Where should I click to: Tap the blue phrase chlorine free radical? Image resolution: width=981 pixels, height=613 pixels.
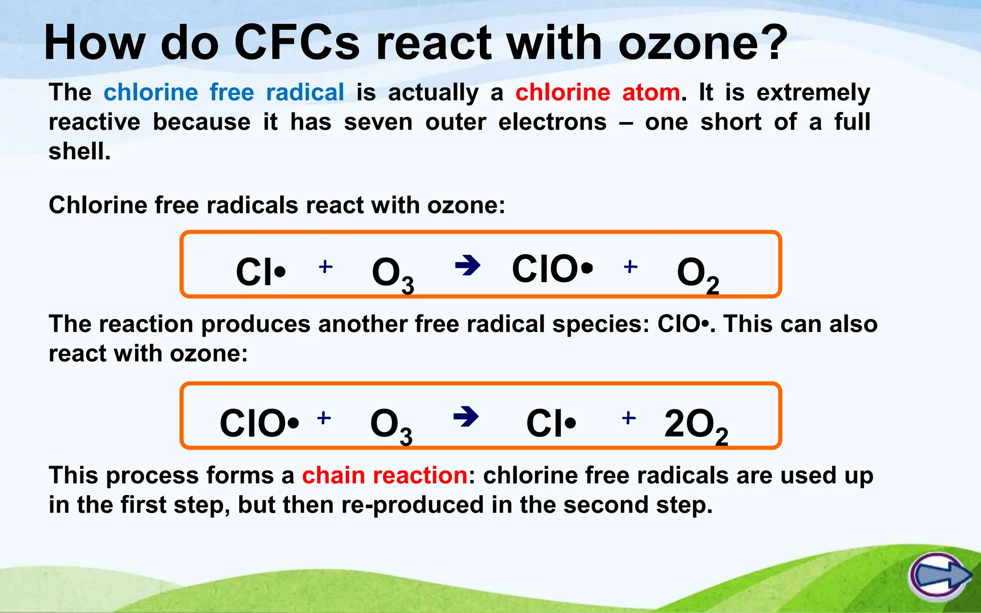[x=224, y=92]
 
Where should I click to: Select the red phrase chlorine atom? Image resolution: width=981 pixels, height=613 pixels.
[x=597, y=92]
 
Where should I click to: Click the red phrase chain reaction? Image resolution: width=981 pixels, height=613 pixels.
[x=385, y=476]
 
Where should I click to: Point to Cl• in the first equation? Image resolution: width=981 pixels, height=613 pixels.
[x=261, y=272]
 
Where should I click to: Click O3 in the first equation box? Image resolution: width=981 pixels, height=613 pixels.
[x=392, y=274]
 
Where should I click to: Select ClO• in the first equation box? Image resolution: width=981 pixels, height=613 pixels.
[x=552, y=269]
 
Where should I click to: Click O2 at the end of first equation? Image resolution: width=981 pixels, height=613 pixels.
[x=697, y=274]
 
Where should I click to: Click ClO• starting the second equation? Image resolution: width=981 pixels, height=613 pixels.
[x=259, y=423]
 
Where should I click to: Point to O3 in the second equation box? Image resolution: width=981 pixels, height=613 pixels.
[x=391, y=426]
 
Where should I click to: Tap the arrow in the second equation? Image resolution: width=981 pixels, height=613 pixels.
[x=466, y=416]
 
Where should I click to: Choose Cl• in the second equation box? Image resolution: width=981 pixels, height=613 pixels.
[x=551, y=423]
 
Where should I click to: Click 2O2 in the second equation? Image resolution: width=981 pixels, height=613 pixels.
[x=696, y=426]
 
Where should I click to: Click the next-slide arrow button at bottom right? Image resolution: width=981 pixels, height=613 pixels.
[x=939, y=577]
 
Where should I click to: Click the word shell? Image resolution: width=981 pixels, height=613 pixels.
[x=79, y=151]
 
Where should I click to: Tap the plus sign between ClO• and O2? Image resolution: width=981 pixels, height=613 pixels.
[x=630, y=266]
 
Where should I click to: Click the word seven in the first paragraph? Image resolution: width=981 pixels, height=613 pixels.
[x=378, y=122]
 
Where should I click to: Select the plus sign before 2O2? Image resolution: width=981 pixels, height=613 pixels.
[x=628, y=418]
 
